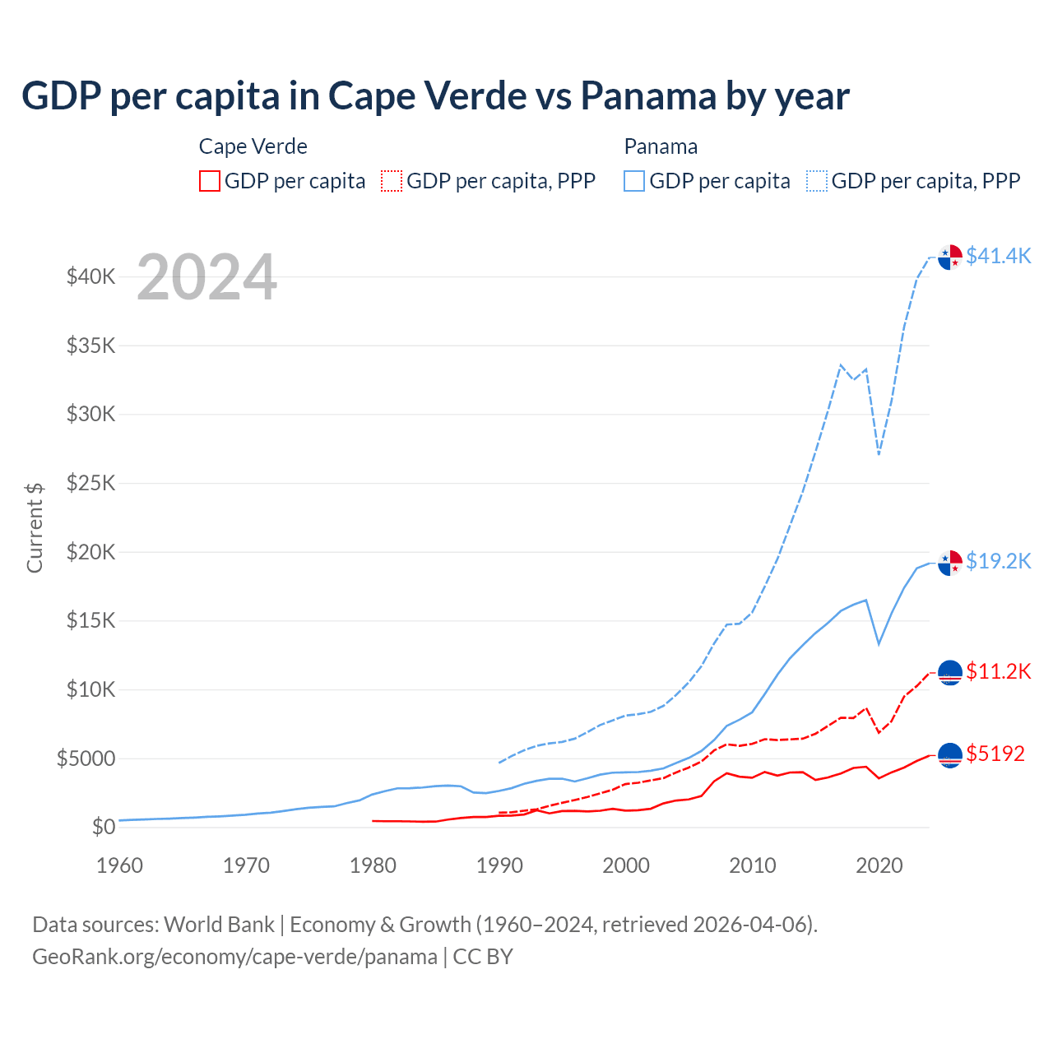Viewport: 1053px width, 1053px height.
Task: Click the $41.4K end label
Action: tap(998, 256)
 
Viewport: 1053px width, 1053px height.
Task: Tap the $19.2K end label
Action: tap(998, 561)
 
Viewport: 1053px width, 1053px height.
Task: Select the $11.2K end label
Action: tap(998, 671)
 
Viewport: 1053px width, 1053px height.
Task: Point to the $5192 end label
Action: tap(995, 754)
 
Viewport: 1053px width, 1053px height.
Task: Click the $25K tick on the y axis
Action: tap(90, 483)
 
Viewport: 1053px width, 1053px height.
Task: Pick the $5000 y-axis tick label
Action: tap(86, 758)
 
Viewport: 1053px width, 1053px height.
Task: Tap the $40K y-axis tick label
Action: tap(90, 276)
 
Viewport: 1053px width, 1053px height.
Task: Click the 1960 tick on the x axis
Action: tap(120, 865)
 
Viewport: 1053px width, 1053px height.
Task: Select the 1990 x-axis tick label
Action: tap(499, 865)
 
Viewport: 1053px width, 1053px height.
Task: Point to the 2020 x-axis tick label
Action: tap(879, 865)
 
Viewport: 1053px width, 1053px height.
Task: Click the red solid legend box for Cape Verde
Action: tap(210, 181)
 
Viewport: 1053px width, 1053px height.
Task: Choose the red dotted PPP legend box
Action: tap(392, 181)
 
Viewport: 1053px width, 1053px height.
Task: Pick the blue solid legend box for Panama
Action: tap(634, 181)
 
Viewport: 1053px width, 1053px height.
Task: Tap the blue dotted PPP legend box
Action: tap(817, 181)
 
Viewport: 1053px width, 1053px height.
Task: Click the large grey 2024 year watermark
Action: tap(206, 277)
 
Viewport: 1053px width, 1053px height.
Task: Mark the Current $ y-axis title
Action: tap(35, 527)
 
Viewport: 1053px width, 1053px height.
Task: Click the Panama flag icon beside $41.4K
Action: tap(950, 257)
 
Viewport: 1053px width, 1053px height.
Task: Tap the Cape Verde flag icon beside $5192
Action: tap(950, 754)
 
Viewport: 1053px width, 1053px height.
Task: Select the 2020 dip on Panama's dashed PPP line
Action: tap(879, 453)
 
